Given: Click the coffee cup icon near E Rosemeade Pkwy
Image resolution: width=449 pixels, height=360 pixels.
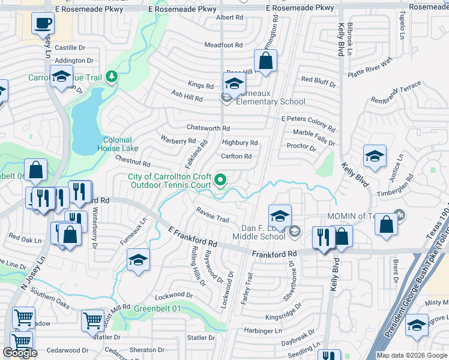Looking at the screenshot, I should pyautogui.click(x=43, y=24).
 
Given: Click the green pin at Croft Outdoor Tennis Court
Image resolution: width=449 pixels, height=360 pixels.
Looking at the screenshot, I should pyautogui.click(x=221, y=179).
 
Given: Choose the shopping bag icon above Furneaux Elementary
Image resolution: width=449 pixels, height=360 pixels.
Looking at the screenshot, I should pyautogui.click(x=265, y=61).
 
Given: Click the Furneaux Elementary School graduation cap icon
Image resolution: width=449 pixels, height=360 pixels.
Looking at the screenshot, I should pyautogui.click(x=234, y=83).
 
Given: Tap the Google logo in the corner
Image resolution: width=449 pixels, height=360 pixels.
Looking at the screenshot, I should pyautogui.click(x=20, y=353).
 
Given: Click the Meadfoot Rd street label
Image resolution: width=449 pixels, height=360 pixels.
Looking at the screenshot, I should pyautogui.click(x=223, y=45).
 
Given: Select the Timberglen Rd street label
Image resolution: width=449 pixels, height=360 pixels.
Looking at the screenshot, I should pyautogui.click(x=394, y=185).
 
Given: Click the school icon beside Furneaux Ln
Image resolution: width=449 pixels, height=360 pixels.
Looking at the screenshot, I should pyautogui.click(x=138, y=260).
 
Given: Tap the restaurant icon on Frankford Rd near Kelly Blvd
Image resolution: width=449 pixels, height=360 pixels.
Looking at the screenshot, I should pyautogui.click(x=323, y=238).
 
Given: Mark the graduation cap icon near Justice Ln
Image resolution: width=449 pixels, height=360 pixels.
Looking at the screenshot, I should pyautogui.click(x=375, y=158).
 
